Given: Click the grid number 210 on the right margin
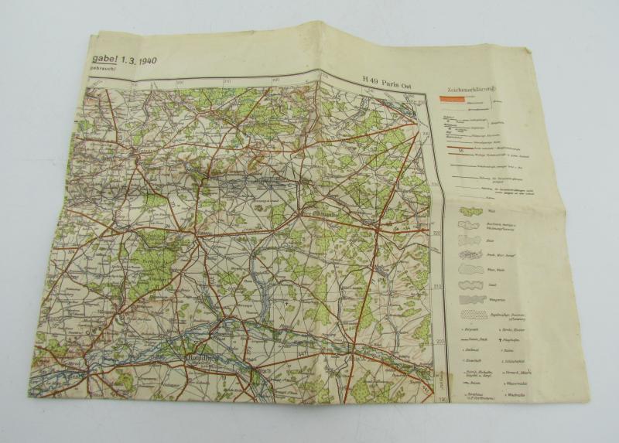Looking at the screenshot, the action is point(439,287).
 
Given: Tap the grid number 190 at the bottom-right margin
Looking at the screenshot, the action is point(442,398).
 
